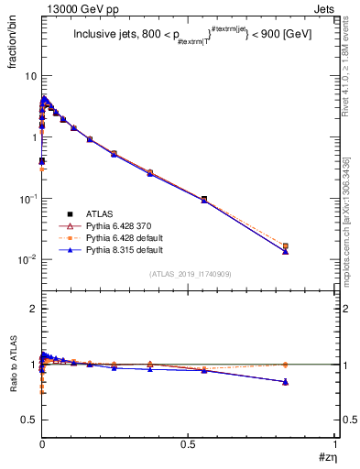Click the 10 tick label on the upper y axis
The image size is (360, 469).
click(x=30, y=76)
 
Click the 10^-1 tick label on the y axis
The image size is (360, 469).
click(x=27, y=199)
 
